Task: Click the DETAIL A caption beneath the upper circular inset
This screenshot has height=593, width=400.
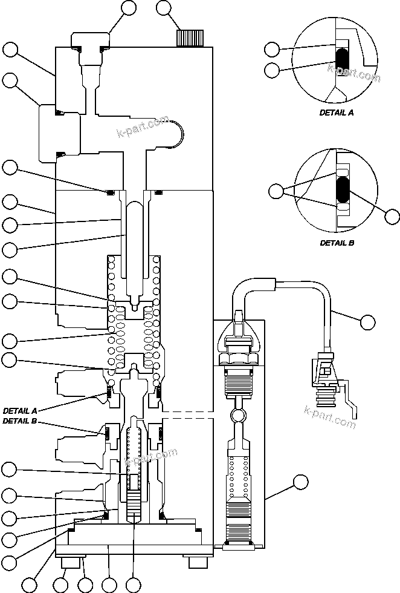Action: (337, 113)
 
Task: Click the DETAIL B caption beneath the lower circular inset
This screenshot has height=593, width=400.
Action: (337, 243)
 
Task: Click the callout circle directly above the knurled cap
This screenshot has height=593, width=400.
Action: (164, 8)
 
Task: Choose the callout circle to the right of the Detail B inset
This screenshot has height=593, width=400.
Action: (392, 216)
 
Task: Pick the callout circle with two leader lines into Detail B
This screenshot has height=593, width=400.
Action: (277, 192)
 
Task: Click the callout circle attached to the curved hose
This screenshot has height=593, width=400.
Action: (367, 322)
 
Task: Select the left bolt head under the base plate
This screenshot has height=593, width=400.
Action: (71, 563)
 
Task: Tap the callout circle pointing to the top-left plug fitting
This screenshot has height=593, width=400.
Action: (129, 8)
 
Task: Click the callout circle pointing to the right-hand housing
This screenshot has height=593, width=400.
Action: (300, 482)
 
